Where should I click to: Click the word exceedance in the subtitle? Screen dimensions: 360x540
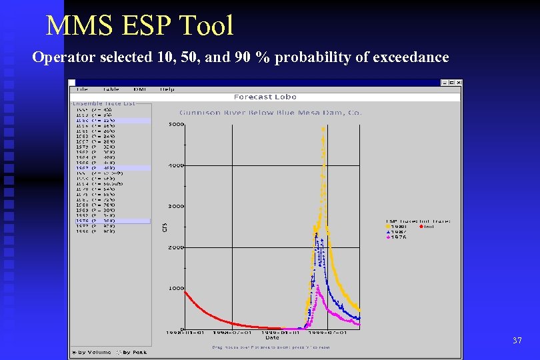pos(409,57)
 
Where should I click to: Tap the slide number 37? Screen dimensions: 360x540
pos(517,341)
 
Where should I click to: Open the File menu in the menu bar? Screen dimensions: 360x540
pos(81,89)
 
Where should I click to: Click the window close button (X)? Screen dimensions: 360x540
pos(458,83)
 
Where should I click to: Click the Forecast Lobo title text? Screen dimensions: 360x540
pos(265,97)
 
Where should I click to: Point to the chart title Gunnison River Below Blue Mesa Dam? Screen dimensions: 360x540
pos(270,113)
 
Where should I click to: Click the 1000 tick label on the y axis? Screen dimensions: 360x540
pos(176,288)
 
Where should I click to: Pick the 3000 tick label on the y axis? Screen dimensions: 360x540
pos(176,206)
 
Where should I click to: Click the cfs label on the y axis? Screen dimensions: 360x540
pos(164,227)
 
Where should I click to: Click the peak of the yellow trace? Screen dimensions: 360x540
pos(323,129)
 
